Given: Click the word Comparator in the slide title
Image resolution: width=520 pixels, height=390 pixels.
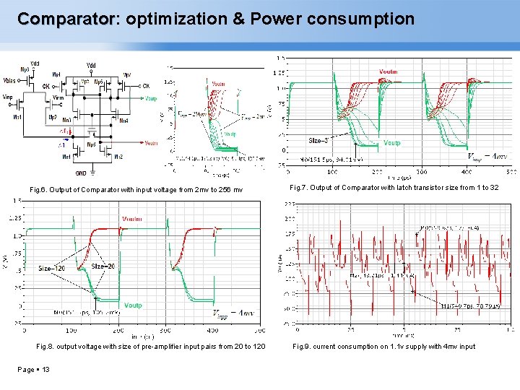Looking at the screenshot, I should [65, 18].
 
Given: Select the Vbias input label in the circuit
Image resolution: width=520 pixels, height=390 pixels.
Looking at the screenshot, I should [12, 80].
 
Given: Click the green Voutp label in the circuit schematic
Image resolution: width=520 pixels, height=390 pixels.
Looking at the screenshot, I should [151, 98].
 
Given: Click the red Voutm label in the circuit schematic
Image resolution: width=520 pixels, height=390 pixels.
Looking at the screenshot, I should [151, 143].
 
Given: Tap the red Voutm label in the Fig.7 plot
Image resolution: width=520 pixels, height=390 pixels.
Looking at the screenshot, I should [388, 71].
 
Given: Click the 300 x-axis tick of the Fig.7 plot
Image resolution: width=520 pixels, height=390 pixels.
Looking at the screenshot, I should [421, 173].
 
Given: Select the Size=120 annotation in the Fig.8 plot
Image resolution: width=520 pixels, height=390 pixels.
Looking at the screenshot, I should [53, 268].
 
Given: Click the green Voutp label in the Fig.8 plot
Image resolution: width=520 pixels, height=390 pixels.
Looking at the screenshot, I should [133, 305].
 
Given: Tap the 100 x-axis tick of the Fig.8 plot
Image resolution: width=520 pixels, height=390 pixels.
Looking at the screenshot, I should [71, 330].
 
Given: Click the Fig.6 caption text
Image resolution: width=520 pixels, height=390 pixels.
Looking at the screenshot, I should [136, 189].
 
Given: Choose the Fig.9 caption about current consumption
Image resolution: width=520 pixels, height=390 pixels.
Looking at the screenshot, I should [383, 347].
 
